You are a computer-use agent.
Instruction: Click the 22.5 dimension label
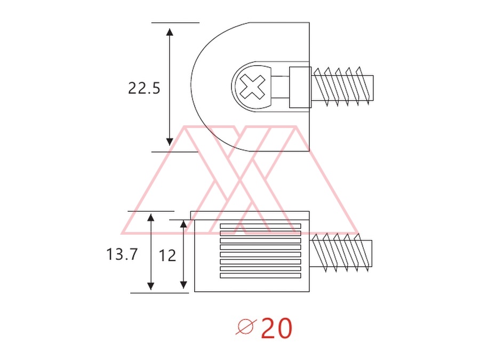[144, 88]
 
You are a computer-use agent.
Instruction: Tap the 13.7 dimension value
[122, 254]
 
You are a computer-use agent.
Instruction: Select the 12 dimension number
[167, 255]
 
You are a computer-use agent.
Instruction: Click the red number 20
[277, 328]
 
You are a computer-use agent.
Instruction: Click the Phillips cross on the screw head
[252, 87]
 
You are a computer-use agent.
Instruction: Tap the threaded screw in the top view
[342, 87]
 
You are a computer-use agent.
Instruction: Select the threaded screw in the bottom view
[341, 253]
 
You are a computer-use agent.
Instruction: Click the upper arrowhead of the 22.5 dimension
[170, 32]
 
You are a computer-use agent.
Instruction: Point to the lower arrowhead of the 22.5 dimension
[170, 142]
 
